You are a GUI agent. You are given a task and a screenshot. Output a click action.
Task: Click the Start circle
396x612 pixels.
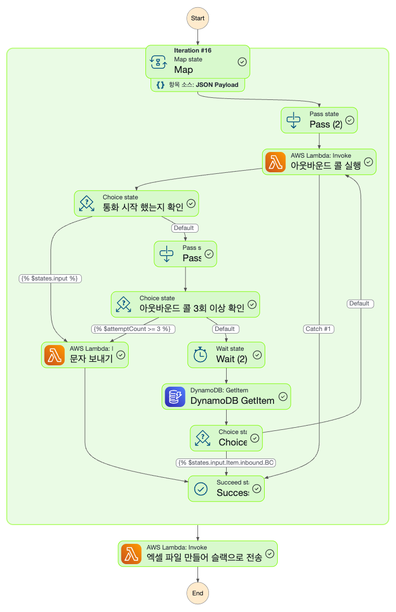point(198,18)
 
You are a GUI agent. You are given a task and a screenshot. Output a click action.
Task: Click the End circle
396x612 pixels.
point(198,593)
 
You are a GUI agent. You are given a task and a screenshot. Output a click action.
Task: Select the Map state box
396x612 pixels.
point(198,61)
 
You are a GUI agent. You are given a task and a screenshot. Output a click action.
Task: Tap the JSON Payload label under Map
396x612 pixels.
point(198,85)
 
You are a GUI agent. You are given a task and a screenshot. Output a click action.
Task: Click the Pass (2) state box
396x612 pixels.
point(319,120)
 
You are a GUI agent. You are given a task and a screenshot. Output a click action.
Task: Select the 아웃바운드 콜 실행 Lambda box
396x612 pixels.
point(319,162)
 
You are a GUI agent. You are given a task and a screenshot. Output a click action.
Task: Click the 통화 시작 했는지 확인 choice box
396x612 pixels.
point(137,203)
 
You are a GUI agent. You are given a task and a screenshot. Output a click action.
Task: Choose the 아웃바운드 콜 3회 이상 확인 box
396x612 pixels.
point(185,304)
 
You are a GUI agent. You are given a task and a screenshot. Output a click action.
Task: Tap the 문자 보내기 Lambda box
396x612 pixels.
point(84,354)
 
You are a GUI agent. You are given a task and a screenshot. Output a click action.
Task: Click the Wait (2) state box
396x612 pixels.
point(226,354)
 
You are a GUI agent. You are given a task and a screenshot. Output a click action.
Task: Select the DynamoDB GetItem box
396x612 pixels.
point(226,397)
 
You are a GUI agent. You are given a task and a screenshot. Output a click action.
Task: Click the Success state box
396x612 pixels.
point(226,489)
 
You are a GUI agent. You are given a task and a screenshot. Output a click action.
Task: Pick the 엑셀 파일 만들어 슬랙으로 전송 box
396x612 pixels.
point(197,553)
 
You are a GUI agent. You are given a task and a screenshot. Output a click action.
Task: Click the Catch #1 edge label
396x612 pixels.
point(319,329)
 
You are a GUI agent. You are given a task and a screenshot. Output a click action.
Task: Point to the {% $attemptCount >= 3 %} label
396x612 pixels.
point(133,329)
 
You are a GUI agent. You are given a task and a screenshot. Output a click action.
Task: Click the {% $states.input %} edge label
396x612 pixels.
point(51,278)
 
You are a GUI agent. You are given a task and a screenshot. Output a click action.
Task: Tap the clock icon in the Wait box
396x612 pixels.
point(201,355)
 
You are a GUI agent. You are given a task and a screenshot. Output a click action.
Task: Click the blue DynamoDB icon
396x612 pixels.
point(175,397)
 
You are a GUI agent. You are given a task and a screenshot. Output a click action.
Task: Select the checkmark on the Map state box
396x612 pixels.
point(242,61)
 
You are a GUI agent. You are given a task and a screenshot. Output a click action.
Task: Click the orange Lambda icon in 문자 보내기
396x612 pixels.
point(55,355)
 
